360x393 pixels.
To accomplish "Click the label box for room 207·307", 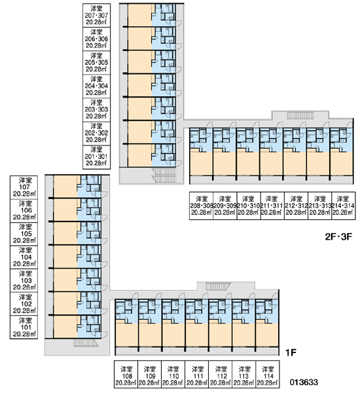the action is tap(96, 15).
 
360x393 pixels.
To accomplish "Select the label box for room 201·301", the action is tap(96, 157).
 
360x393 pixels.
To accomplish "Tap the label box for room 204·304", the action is tap(96, 86).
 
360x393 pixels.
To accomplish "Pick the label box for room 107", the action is tap(24, 187).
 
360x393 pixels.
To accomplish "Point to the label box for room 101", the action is tap(24, 327).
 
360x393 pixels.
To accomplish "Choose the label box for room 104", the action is tap(24, 257).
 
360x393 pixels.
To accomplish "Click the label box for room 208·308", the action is tap(201, 206).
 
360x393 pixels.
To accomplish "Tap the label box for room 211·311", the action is tap(272, 206).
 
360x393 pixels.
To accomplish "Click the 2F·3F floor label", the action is tap(338, 236).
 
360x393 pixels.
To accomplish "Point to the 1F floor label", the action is tap(291, 353).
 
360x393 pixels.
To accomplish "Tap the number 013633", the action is tap(304, 383).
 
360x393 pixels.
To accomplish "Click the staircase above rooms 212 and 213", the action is tap(300, 115).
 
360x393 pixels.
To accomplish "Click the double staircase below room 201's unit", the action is tap(164, 176).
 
